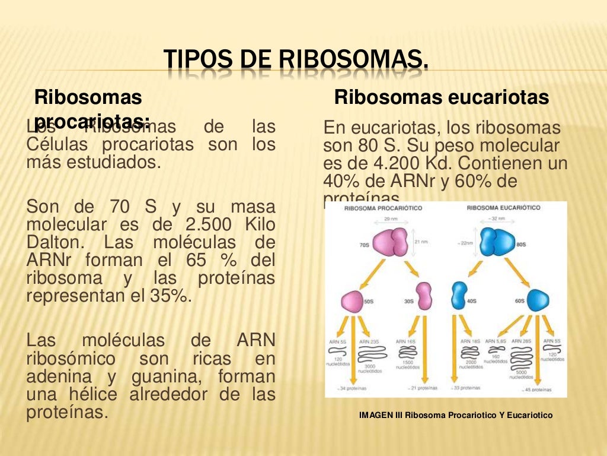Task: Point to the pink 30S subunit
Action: click(x=424, y=297)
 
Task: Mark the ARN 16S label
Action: click(x=407, y=341)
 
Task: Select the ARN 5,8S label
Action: click(x=496, y=341)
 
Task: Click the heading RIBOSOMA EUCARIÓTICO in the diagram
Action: click(x=503, y=208)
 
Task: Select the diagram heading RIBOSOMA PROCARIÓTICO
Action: click(x=383, y=208)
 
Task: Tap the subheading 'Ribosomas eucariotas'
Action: click(x=442, y=97)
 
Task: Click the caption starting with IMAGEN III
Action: click(x=455, y=415)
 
